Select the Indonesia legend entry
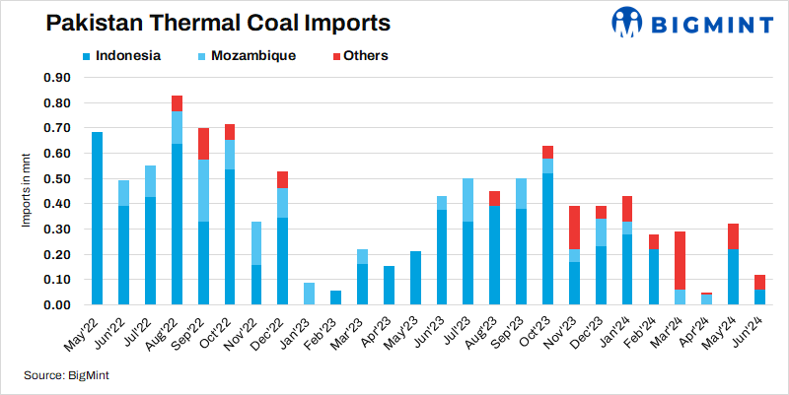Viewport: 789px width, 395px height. point(116,55)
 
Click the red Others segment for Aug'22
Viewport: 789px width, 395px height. point(177,103)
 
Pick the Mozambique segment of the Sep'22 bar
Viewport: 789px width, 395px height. point(203,190)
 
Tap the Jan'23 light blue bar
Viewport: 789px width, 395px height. point(309,294)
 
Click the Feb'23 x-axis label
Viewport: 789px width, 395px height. point(327,332)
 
